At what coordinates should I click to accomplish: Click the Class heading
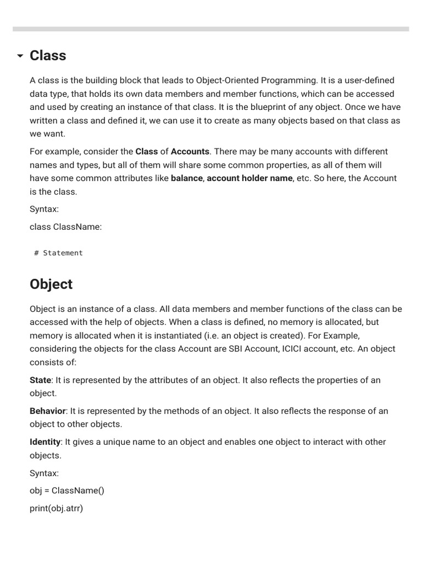pos(48,56)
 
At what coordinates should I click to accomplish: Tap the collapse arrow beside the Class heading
pos(20,56)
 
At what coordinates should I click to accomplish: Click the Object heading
pos(51,284)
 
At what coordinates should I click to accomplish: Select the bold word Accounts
pos(190,151)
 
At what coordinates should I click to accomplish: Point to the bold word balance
pos(187,178)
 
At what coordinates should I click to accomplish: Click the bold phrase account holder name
pos(249,178)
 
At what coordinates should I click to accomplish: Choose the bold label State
pos(40,380)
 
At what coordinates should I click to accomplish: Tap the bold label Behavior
pos(48,411)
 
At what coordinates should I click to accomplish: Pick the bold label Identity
pos(45,441)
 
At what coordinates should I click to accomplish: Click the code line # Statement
pos(58,253)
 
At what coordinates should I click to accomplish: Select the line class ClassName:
pos(65,227)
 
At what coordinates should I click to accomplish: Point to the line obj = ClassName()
pos(66,490)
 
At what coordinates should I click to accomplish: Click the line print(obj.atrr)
pos(56,508)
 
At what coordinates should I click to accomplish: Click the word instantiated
pos(157,335)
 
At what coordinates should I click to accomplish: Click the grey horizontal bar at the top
pos(211,29)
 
